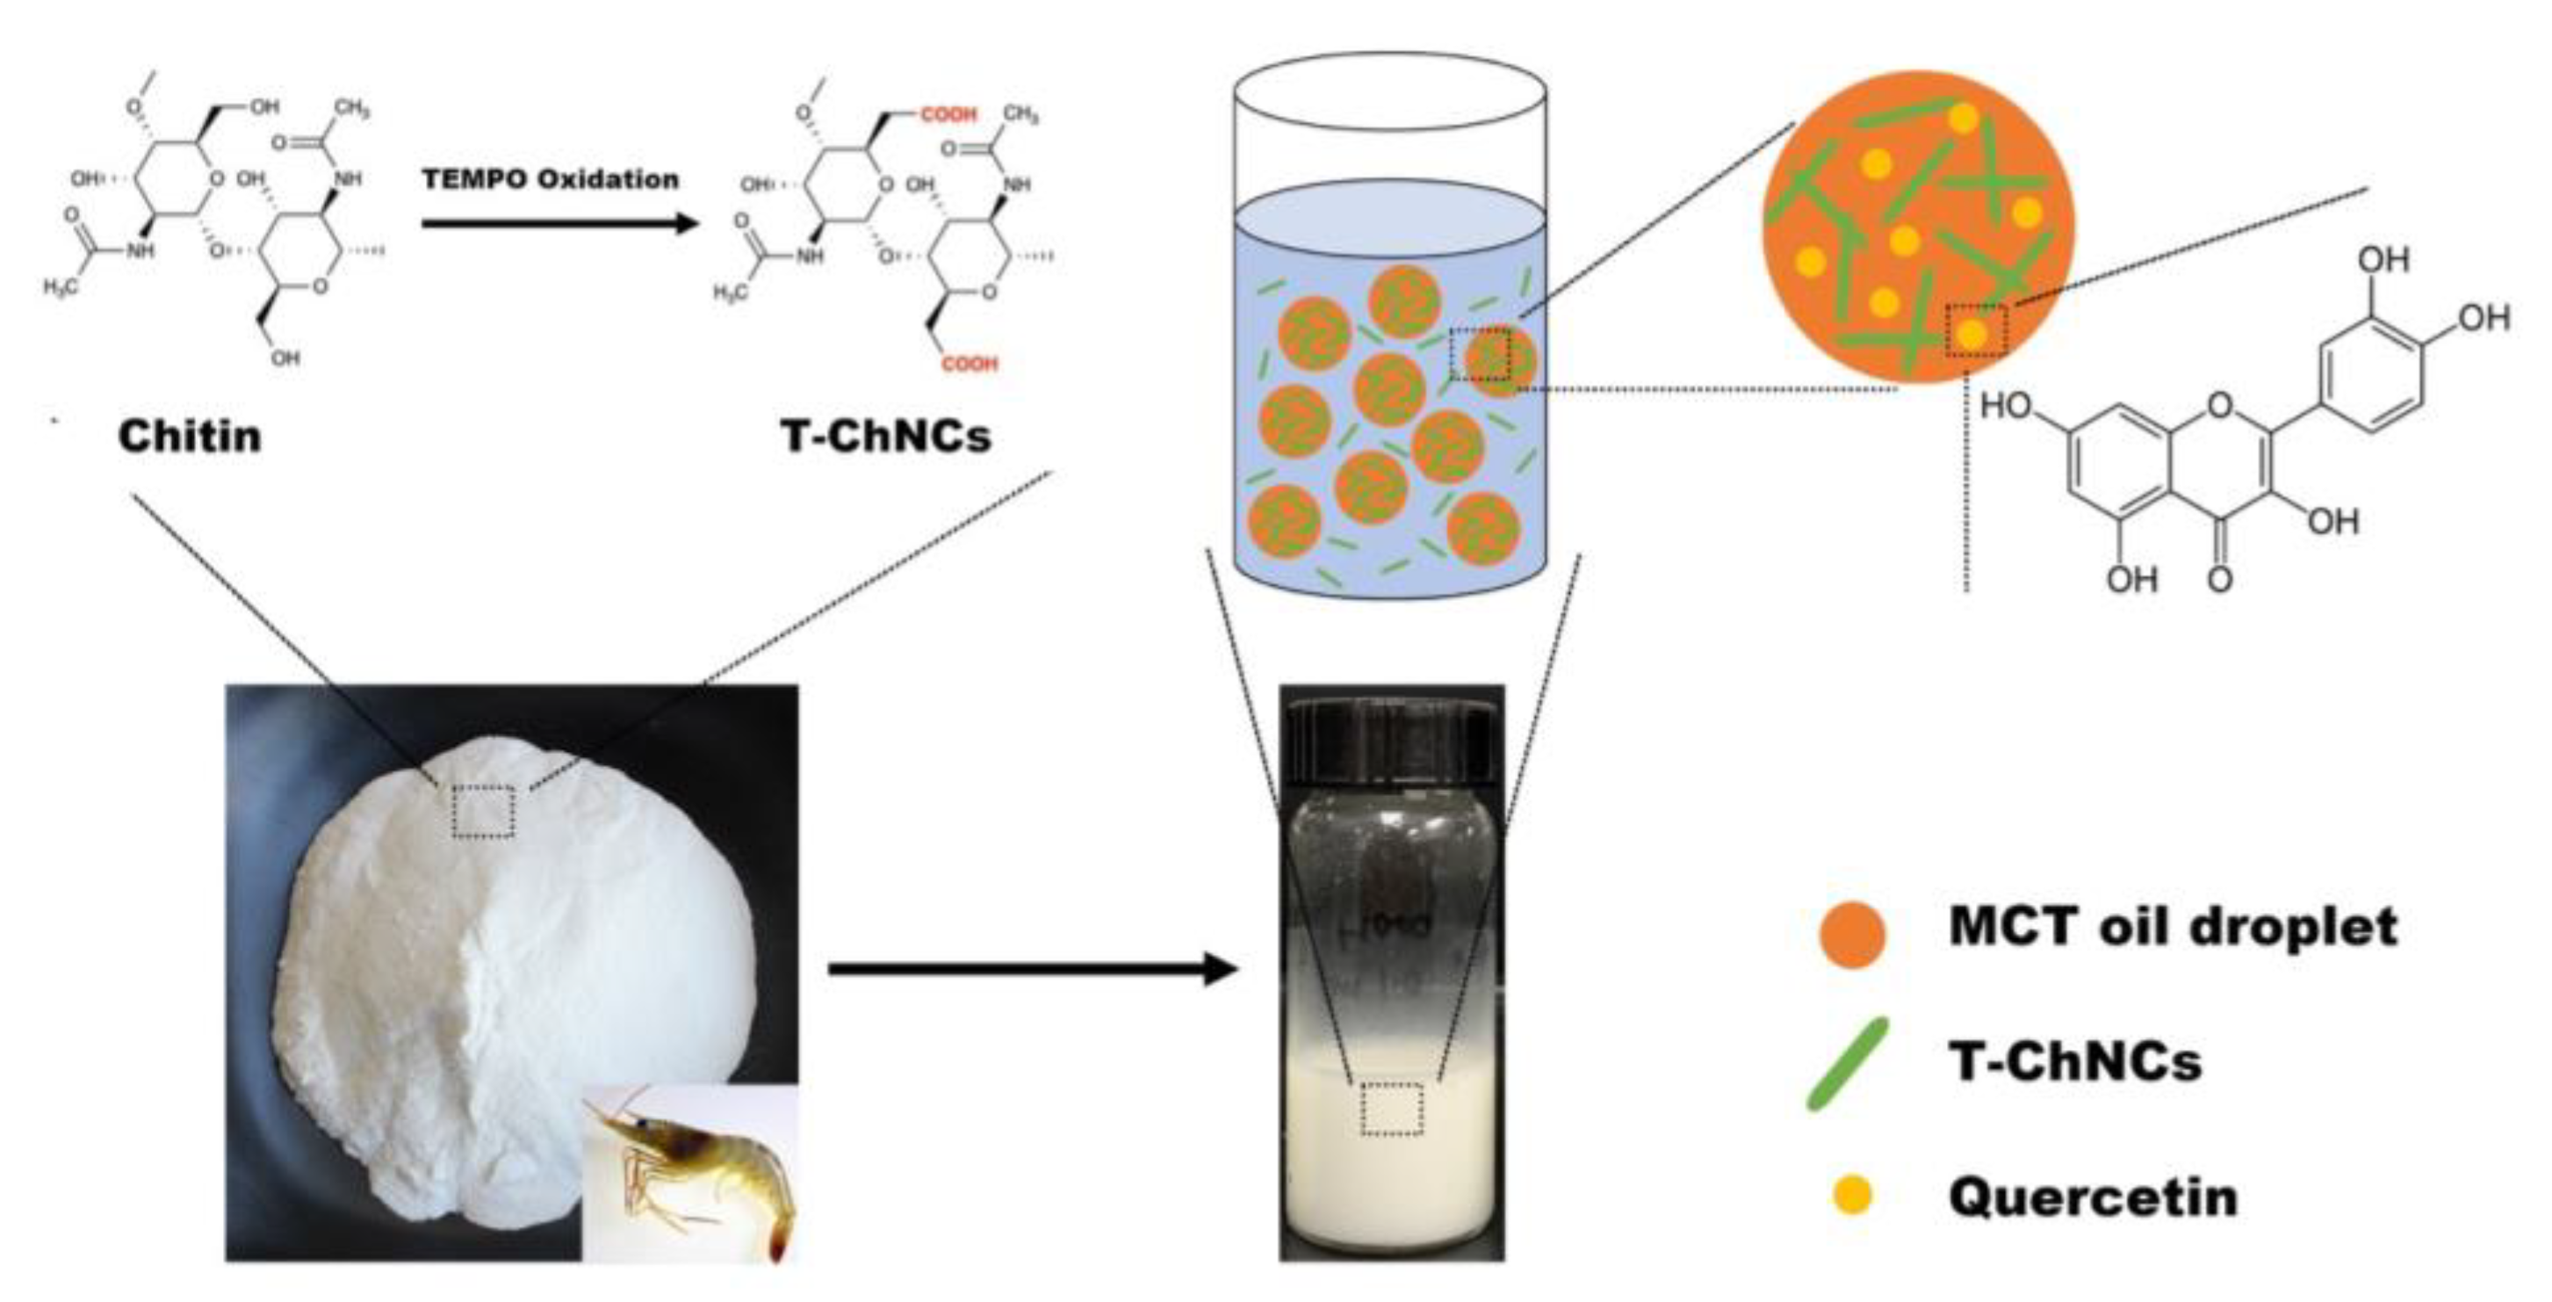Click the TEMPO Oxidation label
(x=551, y=179)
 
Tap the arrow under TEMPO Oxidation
(x=561, y=222)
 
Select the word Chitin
(x=191, y=436)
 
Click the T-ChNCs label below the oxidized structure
(x=887, y=436)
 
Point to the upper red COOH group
(x=949, y=115)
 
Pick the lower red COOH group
(x=970, y=364)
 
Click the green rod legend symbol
(x=1849, y=1063)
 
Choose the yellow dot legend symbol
(x=1851, y=1195)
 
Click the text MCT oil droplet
(x=2173, y=928)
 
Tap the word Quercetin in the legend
(x=2094, y=1196)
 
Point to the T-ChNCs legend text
(x=2075, y=1062)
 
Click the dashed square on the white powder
(x=484, y=812)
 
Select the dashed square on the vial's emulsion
(x=1392, y=1109)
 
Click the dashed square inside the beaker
(x=1480, y=354)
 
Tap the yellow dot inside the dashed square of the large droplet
(x=1972, y=334)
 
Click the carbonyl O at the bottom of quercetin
(x=2220, y=579)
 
